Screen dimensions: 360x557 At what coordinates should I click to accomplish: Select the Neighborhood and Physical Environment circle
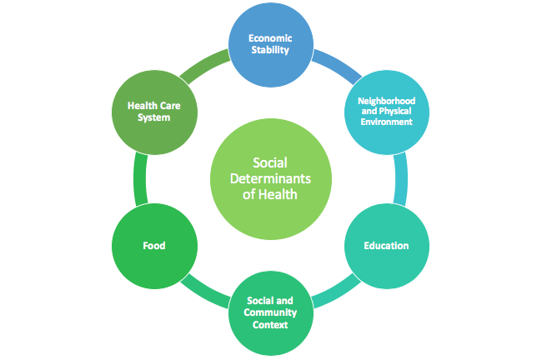(386, 111)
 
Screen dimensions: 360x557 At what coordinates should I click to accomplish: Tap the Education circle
(386, 246)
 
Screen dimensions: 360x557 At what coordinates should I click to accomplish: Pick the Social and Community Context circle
(271, 312)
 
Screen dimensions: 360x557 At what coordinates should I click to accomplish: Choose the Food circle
(153, 246)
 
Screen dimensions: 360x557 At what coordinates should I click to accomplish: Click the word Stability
(272, 50)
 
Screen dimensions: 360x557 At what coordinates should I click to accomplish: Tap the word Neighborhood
(386, 101)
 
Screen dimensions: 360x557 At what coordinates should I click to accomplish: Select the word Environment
(386, 122)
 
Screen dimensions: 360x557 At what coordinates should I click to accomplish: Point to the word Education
(386, 246)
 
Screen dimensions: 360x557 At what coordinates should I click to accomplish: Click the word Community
(271, 312)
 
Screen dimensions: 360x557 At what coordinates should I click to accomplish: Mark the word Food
(153, 246)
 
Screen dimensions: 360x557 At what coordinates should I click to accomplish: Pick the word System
(149, 117)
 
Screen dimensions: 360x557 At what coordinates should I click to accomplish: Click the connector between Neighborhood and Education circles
(402, 178)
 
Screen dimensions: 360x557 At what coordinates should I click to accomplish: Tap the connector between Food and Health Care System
(138, 178)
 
